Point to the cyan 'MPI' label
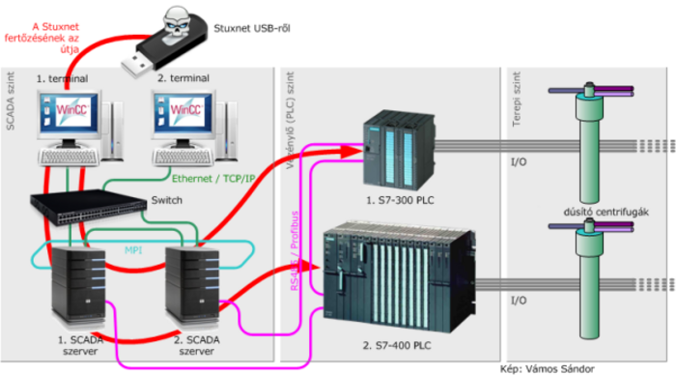pos(133,249)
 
